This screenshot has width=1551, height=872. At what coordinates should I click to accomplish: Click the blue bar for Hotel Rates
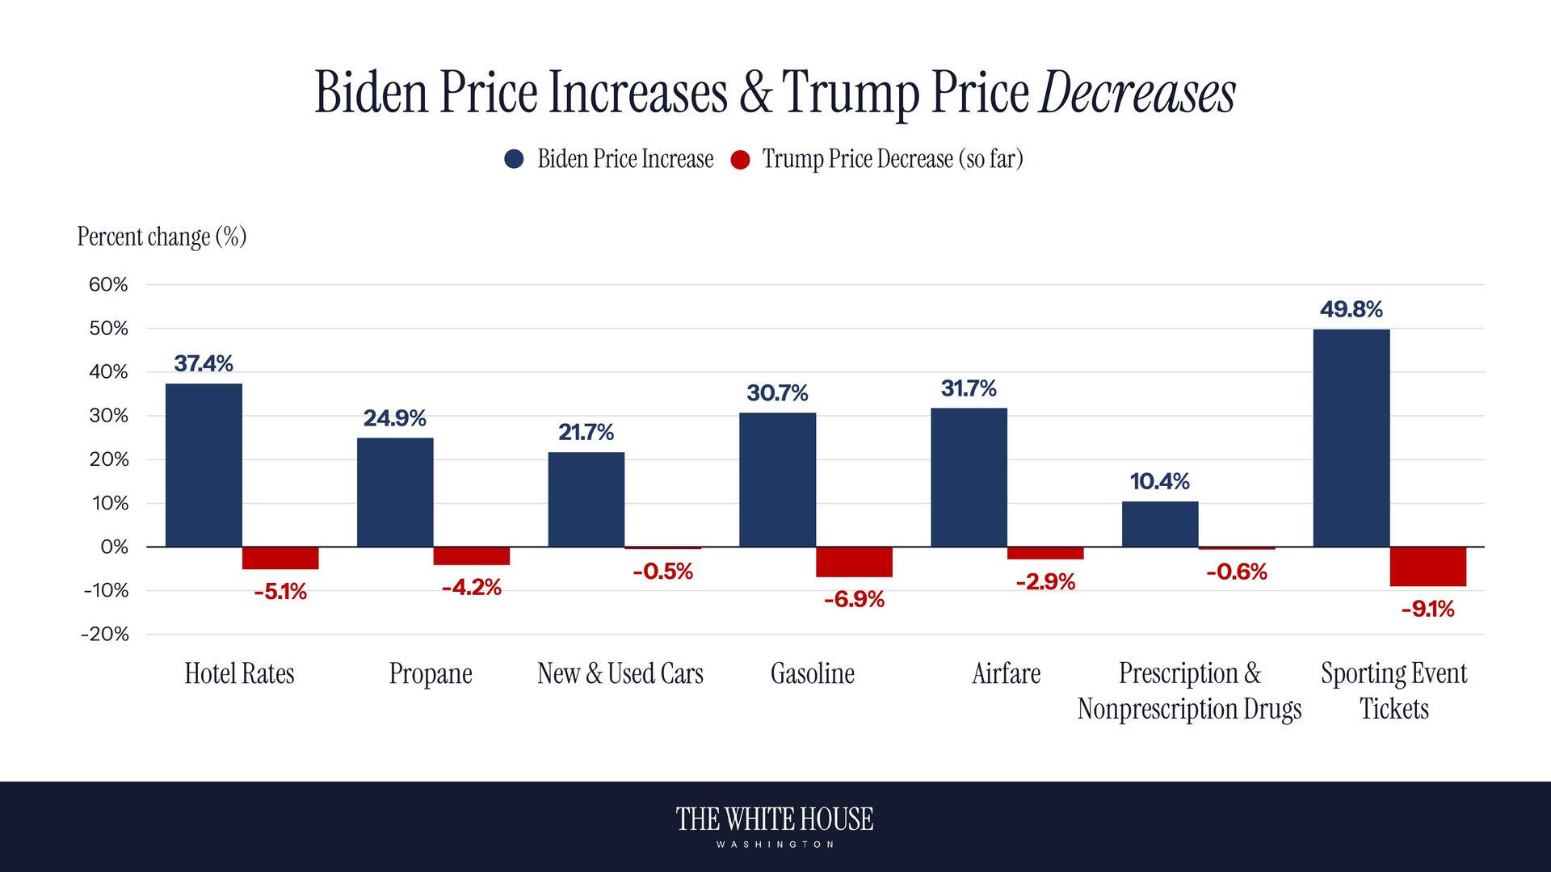[x=204, y=465]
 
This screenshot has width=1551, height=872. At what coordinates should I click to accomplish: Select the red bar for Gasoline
[x=854, y=562]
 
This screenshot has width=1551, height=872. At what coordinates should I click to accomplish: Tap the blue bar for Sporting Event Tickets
[x=1351, y=438]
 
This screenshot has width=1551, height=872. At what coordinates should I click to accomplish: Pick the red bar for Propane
[x=471, y=556]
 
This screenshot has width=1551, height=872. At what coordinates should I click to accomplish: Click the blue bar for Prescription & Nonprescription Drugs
[x=1160, y=524]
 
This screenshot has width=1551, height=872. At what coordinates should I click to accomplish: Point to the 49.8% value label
[x=1351, y=309]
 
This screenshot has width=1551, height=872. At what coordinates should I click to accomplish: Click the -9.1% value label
[x=1427, y=609]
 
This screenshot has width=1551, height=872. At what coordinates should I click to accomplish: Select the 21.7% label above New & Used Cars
[x=586, y=433]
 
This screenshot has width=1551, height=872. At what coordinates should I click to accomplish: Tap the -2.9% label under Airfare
[x=1045, y=582]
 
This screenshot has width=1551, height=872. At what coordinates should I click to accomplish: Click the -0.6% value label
[x=1236, y=572]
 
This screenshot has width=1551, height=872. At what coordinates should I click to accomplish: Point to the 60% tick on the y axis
[x=108, y=285]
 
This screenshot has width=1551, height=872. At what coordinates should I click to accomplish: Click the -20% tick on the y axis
[x=105, y=635]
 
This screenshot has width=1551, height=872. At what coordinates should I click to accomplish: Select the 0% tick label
[x=114, y=547]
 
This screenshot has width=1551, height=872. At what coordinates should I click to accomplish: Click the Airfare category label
[x=1006, y=673]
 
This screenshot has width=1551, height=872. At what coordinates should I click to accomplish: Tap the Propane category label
[x=431, y=673]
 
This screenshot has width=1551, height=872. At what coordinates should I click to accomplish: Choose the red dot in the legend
[x=740, y=160]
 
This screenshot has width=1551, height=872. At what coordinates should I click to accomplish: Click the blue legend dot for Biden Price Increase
[x=514, y=159]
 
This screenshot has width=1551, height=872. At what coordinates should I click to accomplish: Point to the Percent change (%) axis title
[x=162, y=237]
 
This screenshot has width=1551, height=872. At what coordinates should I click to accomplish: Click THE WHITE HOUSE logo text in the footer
[x=774, y=820]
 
